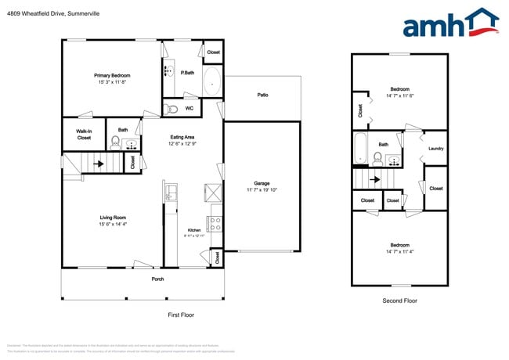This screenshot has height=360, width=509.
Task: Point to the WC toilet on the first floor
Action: coord(173,109)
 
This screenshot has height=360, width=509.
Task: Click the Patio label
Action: coord(262,95)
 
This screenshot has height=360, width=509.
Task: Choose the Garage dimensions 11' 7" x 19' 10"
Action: coord(262,189)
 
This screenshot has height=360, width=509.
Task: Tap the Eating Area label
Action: coord(182,138)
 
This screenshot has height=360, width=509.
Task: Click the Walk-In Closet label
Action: coord(83,134)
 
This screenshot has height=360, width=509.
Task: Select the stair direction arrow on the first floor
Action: coord(99,164)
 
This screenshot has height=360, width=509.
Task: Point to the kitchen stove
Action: coord(215,222)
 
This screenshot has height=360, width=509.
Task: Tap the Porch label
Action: coord(158,279)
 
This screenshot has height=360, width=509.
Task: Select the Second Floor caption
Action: coord(399,301)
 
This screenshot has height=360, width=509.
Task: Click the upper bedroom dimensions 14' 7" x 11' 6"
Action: coord(399,95)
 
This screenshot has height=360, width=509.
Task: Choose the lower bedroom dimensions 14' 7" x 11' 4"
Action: coord(399,251)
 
